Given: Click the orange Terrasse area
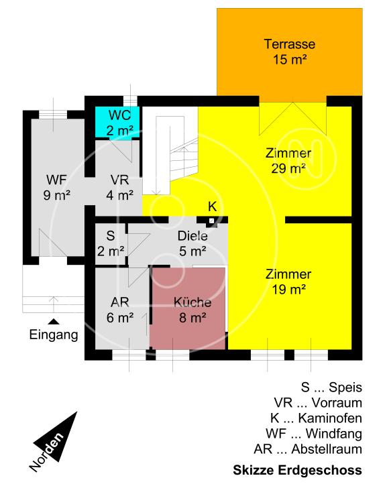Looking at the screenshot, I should (289, 52).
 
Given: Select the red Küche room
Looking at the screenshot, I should (188, 308).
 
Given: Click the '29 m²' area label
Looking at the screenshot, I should (288, 168).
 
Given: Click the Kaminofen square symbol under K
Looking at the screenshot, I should (212, 220).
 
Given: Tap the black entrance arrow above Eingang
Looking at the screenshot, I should (52, 322).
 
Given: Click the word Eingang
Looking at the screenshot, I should (53, 335).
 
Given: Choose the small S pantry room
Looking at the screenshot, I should (111, 243).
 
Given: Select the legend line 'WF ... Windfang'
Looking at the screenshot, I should (314, 434).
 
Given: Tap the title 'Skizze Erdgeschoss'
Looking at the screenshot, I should (297, 470).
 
